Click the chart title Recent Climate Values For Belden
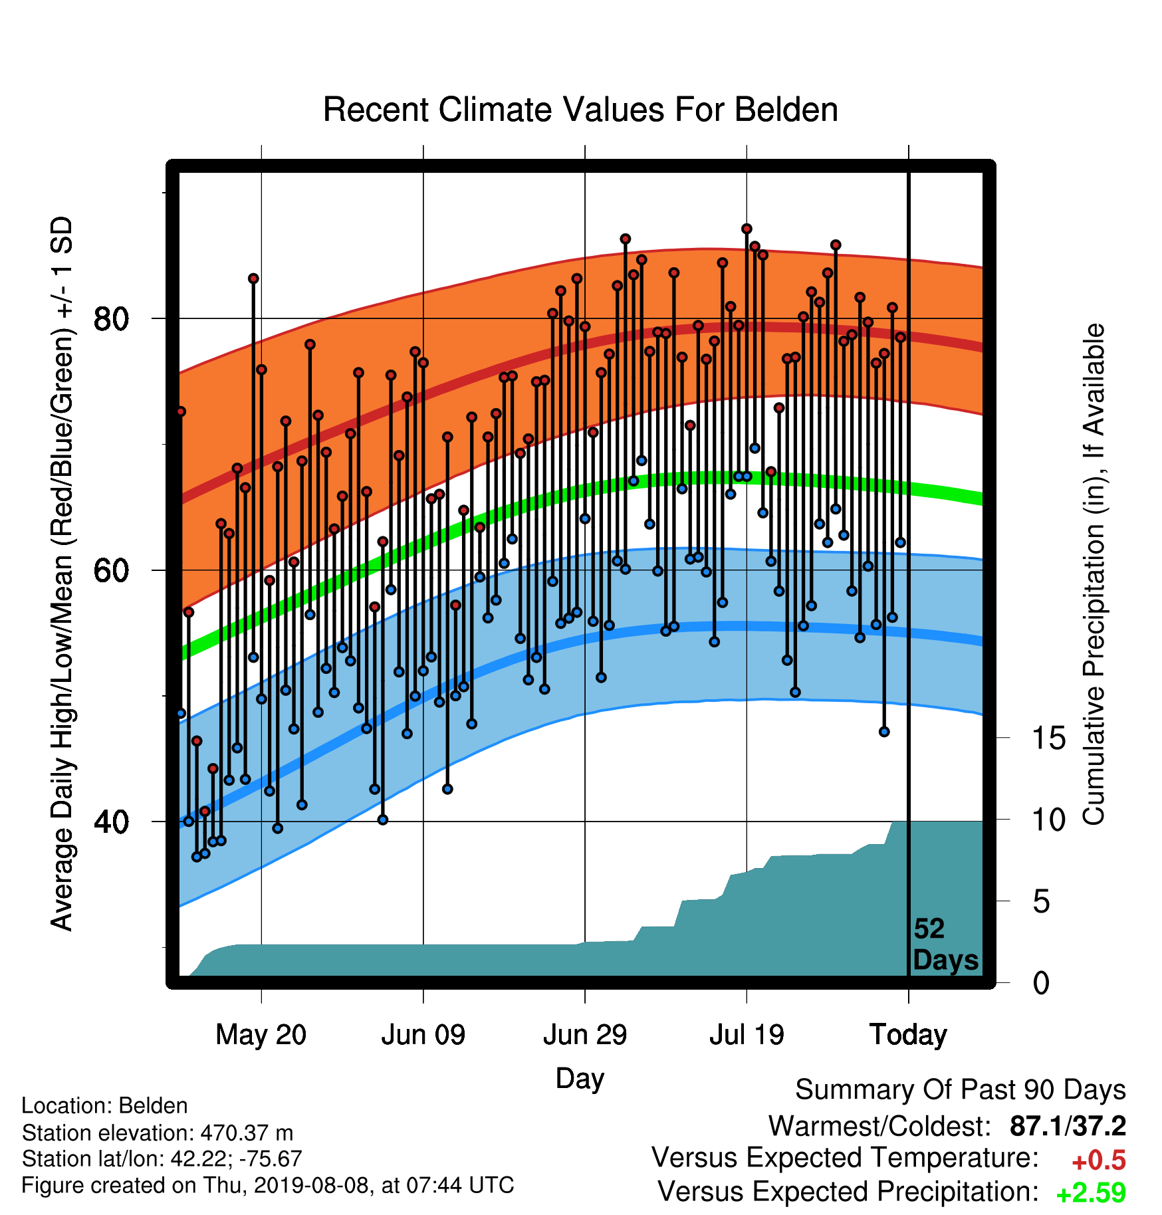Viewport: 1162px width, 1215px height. pos(580,110)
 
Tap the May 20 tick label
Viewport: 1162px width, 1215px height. pos(261,1035)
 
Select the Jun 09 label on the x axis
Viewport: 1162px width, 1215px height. pos(423,1035)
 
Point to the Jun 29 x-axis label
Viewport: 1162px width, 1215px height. pos(585,1035)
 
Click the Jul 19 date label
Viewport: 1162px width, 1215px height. pos(747,1035)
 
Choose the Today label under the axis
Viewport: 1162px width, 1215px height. pos(908,1035)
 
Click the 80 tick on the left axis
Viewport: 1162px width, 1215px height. pos(111,319)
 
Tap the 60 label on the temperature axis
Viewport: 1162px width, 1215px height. pos(111,570)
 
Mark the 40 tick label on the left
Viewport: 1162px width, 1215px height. pos(111,822)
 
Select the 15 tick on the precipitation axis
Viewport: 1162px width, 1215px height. pos(1048,738)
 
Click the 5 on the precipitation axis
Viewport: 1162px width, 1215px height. pos(1042,902)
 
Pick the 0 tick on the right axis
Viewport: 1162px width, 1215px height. pos(1042,983)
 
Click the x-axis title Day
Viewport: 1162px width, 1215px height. pos(580,1078)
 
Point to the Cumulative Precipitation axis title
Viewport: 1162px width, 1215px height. pos(1094,574)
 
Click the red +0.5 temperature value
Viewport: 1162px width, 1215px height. pos(1099,1160)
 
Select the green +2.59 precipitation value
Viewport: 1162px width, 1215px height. pos(1091,1192)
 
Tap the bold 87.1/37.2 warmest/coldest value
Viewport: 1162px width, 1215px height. pos(1068,1126)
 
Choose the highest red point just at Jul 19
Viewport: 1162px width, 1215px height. pos(747,229)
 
